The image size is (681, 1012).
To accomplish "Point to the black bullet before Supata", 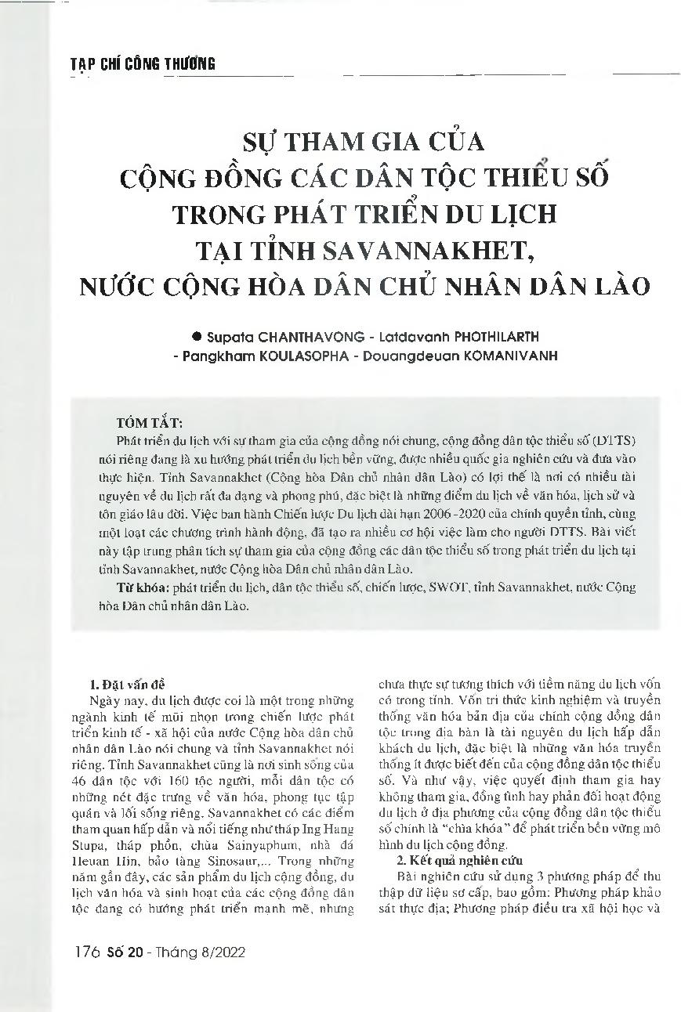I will tap(197, 336).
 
